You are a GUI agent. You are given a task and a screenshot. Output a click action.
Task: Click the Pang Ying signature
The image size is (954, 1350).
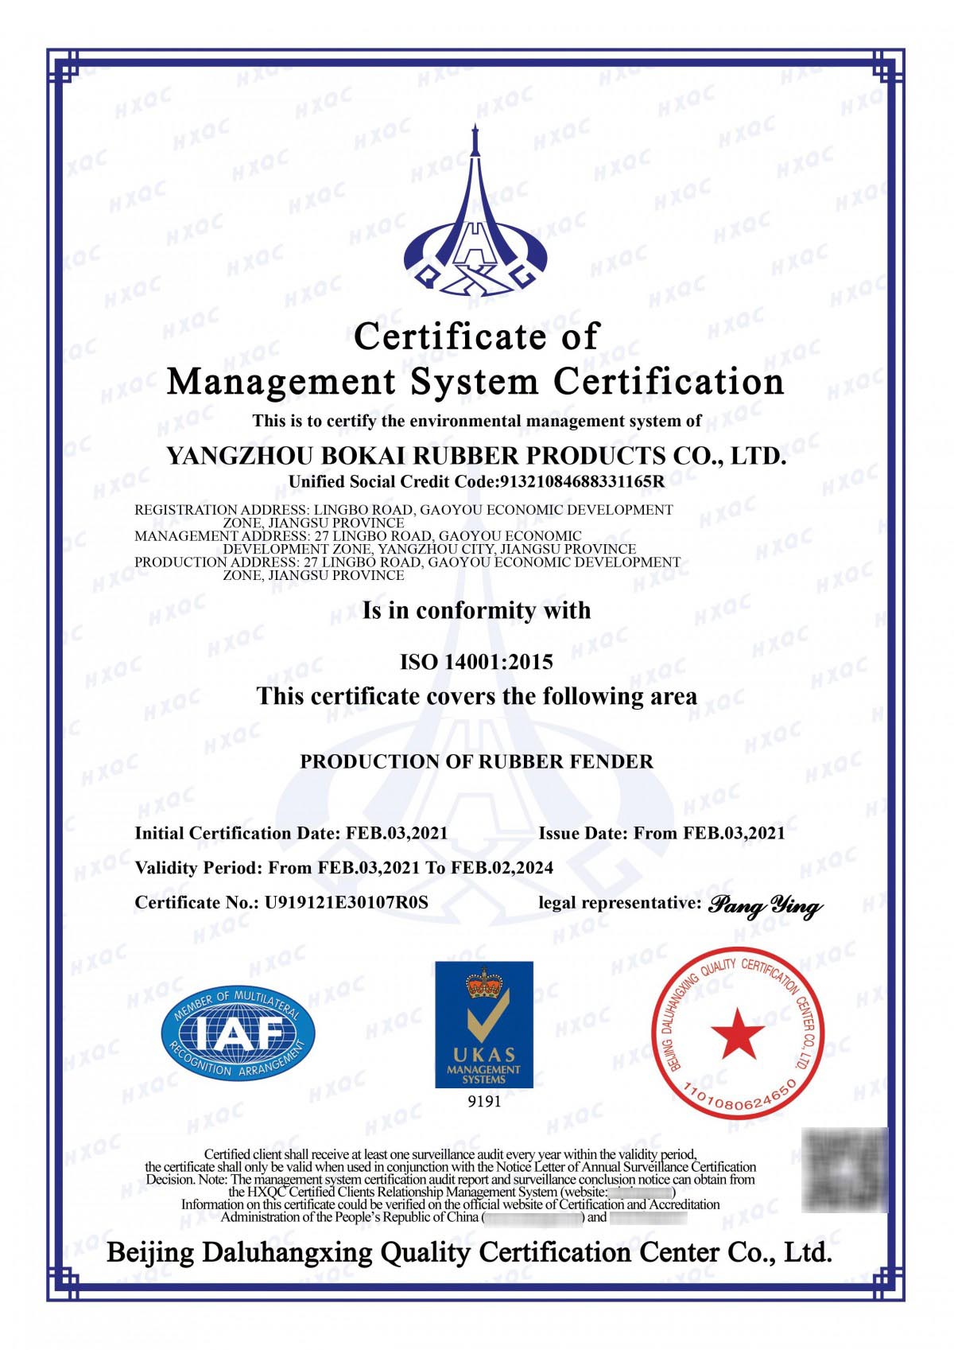point(765,905)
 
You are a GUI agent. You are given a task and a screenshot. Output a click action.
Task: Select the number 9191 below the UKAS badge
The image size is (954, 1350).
point(484,1102)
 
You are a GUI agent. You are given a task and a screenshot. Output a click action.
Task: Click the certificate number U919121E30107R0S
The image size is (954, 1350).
point(347,902)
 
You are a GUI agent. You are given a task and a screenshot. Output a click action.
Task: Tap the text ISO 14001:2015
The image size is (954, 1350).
point(476,662)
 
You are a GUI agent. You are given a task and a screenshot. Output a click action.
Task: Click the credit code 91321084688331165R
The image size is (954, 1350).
point(581,481)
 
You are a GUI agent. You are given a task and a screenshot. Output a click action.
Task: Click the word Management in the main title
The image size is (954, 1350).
point(281,382)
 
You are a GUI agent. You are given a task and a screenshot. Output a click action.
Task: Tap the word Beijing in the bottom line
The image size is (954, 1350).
point(150,1253)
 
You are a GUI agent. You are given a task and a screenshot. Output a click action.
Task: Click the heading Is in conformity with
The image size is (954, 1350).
point(476,610)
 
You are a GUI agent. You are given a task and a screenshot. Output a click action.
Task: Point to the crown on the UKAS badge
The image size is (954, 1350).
point(484,982)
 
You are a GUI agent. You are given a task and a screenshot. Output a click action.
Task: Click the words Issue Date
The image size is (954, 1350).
point(583,833)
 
